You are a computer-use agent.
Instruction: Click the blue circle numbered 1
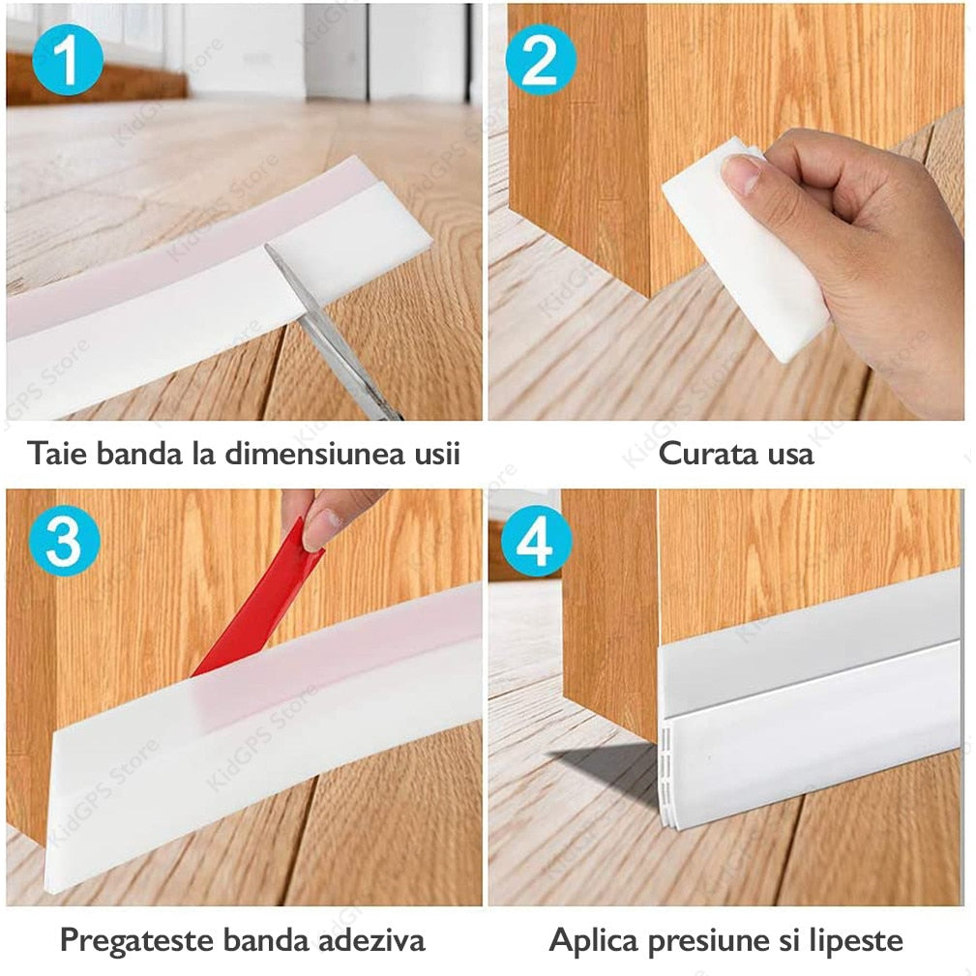pos(67,60)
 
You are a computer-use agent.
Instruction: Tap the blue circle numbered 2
pos(541,60)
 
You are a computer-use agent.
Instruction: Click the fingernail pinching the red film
pos(322,528)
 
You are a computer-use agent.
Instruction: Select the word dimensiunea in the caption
pos(313,453)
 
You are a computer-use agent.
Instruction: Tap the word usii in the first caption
pos(436,453)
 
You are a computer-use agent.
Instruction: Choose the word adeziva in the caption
pos(372,940)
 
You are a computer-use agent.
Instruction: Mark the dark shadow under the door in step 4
pos(606,769)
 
